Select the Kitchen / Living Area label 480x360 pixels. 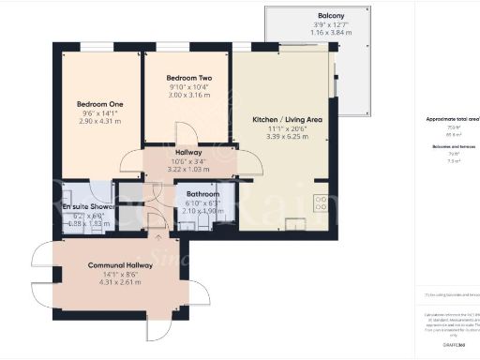288,119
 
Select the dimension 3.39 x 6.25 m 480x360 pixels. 288,137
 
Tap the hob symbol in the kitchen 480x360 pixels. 321,202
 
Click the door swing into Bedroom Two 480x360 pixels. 186,134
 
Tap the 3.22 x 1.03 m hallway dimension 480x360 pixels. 188,169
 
